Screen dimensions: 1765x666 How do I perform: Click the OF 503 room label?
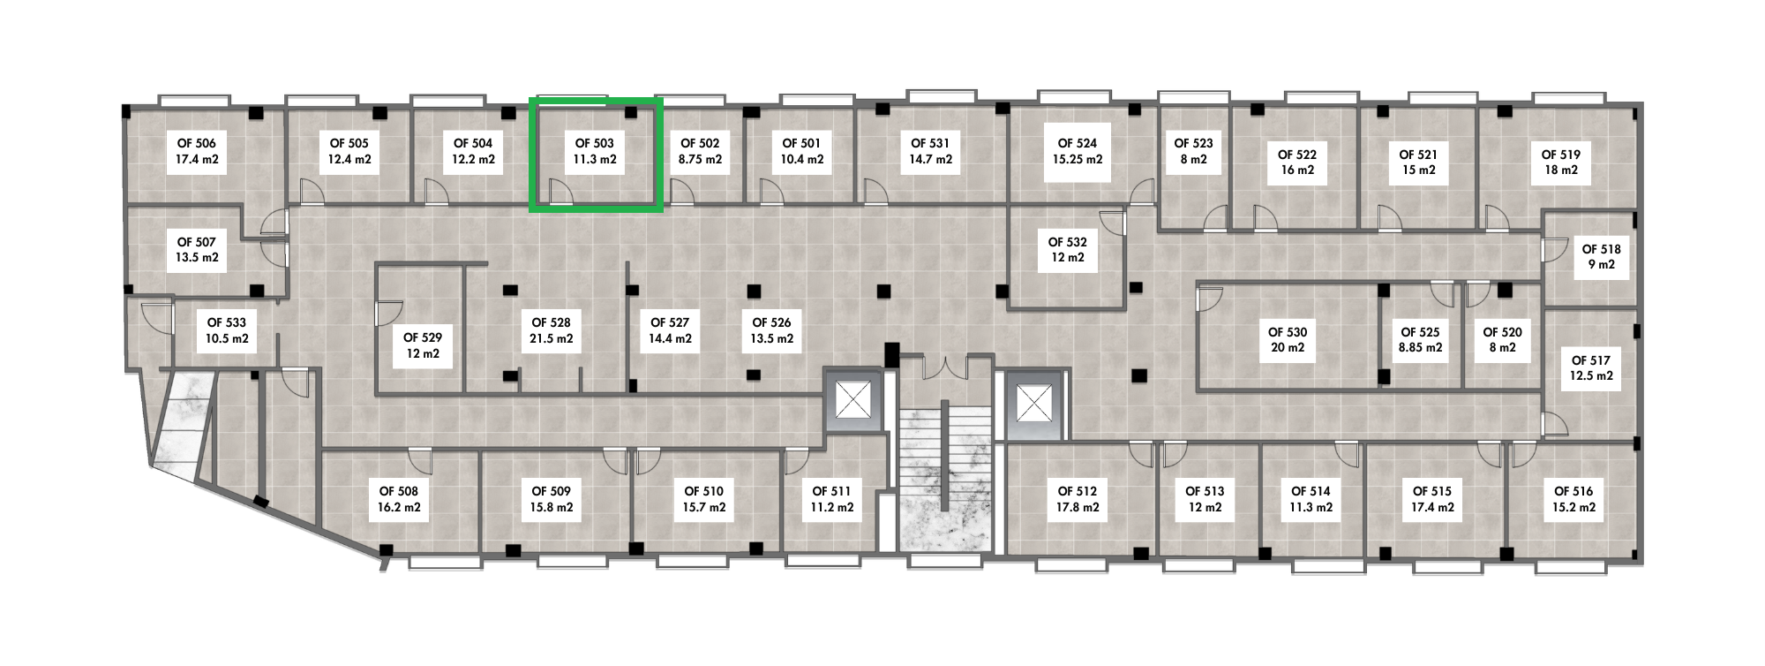pos(595,151)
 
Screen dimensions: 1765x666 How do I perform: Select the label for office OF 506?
pos(197,151)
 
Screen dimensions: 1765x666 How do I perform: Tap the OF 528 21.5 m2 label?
pos(551,330)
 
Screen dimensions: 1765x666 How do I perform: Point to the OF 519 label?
pos(1561,163)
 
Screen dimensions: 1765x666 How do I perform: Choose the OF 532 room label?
pos(1068,250)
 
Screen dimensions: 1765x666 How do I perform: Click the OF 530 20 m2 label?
pos(1288,340)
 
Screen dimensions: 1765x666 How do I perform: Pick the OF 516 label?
pos(1573,499)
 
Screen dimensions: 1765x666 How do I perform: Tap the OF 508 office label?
pos(399,499)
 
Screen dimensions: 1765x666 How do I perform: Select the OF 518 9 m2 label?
pos(1602,257)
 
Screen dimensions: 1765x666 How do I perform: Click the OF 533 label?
pos(227,331)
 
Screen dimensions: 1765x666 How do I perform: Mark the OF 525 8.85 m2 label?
pos(1420,340)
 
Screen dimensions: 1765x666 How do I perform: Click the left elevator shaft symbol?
pos(853,402)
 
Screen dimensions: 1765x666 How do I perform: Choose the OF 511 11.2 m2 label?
pos(832,499)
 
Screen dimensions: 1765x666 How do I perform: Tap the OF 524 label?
pos(1078,151)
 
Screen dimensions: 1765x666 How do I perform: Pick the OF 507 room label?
pos(197,250)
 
